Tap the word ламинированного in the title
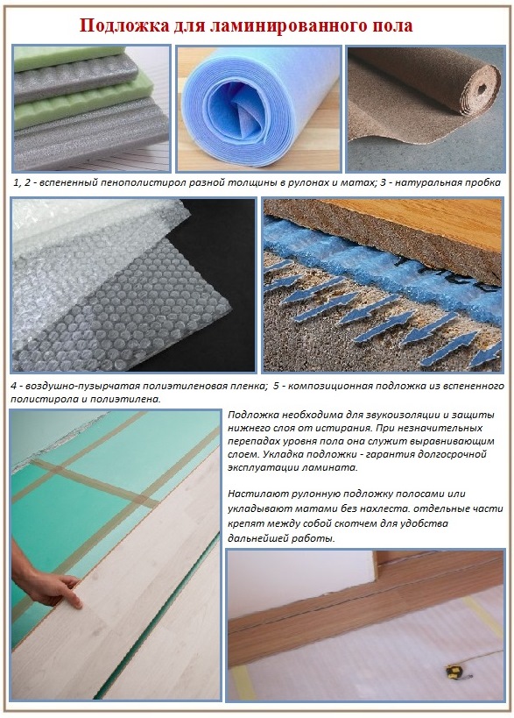[290, 25]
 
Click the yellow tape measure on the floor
[453, 672]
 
